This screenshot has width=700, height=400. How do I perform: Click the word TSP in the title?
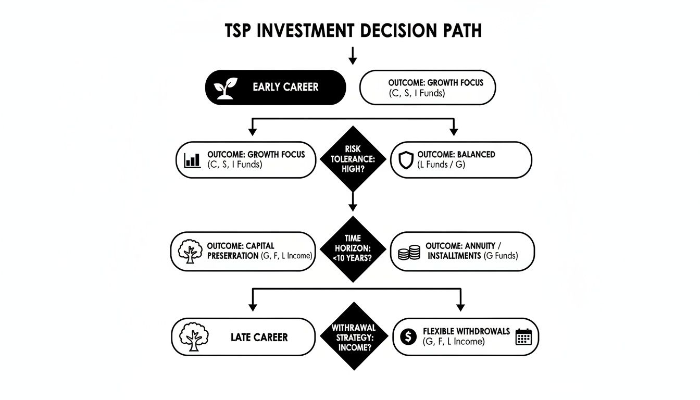pos(241,31)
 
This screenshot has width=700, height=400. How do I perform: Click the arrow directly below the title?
pos(353,56)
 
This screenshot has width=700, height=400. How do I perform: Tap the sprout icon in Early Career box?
pos(226,87)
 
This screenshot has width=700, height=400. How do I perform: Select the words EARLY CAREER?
pos(285,87)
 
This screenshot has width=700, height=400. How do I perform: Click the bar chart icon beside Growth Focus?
pos(193,160)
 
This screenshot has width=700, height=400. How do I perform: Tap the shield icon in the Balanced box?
pos(406,160)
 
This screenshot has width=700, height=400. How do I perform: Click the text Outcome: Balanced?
pos(456,155)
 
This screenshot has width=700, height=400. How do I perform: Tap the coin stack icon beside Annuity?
pos(409,253)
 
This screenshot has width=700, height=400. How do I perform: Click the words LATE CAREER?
pos(259,337)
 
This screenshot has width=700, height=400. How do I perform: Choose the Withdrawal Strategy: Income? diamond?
pos(353,336)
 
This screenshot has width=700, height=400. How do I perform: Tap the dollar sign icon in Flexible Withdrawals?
pos(408,337)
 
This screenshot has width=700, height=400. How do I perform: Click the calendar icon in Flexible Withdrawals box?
pos(522,337)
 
